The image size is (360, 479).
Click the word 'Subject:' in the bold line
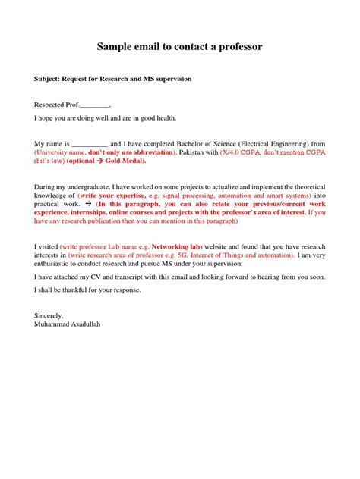tap(49, 78)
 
